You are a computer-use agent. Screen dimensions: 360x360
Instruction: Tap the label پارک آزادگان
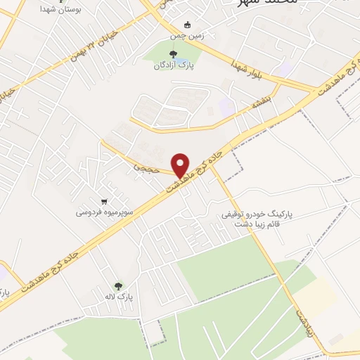[x=174, y=65]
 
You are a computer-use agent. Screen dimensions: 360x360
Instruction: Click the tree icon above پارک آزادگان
[x=173, y=53]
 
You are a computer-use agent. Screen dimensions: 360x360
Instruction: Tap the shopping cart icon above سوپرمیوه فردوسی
[x=104, y=200]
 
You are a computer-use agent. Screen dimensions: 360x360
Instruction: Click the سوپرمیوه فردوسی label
[x=104, y=212]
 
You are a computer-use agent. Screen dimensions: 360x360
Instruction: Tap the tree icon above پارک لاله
[x=118, y=285]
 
